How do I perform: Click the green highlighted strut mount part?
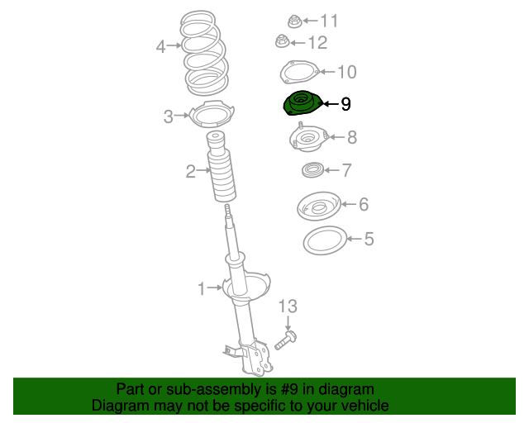[x=303, y=103]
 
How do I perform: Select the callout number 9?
[x=346, y=104]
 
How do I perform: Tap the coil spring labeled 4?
[x=204, y=53]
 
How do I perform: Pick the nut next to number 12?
[x=283, y=41]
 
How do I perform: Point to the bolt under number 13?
[x=286, y=340]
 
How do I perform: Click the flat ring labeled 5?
[x=325, y=240]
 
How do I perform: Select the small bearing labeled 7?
[x=312, y=170]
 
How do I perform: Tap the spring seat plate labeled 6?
[x=319, y=206]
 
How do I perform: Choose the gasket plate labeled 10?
[x=299, y=72]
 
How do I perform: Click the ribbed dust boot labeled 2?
[x=221, y=167]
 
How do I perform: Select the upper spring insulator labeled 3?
[x=212, y=114]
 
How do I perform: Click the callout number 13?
[x=288, y=307]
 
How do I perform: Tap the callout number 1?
[x=202, y=288]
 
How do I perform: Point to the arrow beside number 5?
[x=355, y=239]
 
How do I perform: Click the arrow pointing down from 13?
[x=288, y=323]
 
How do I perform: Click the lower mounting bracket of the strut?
[x=255, y=358]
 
